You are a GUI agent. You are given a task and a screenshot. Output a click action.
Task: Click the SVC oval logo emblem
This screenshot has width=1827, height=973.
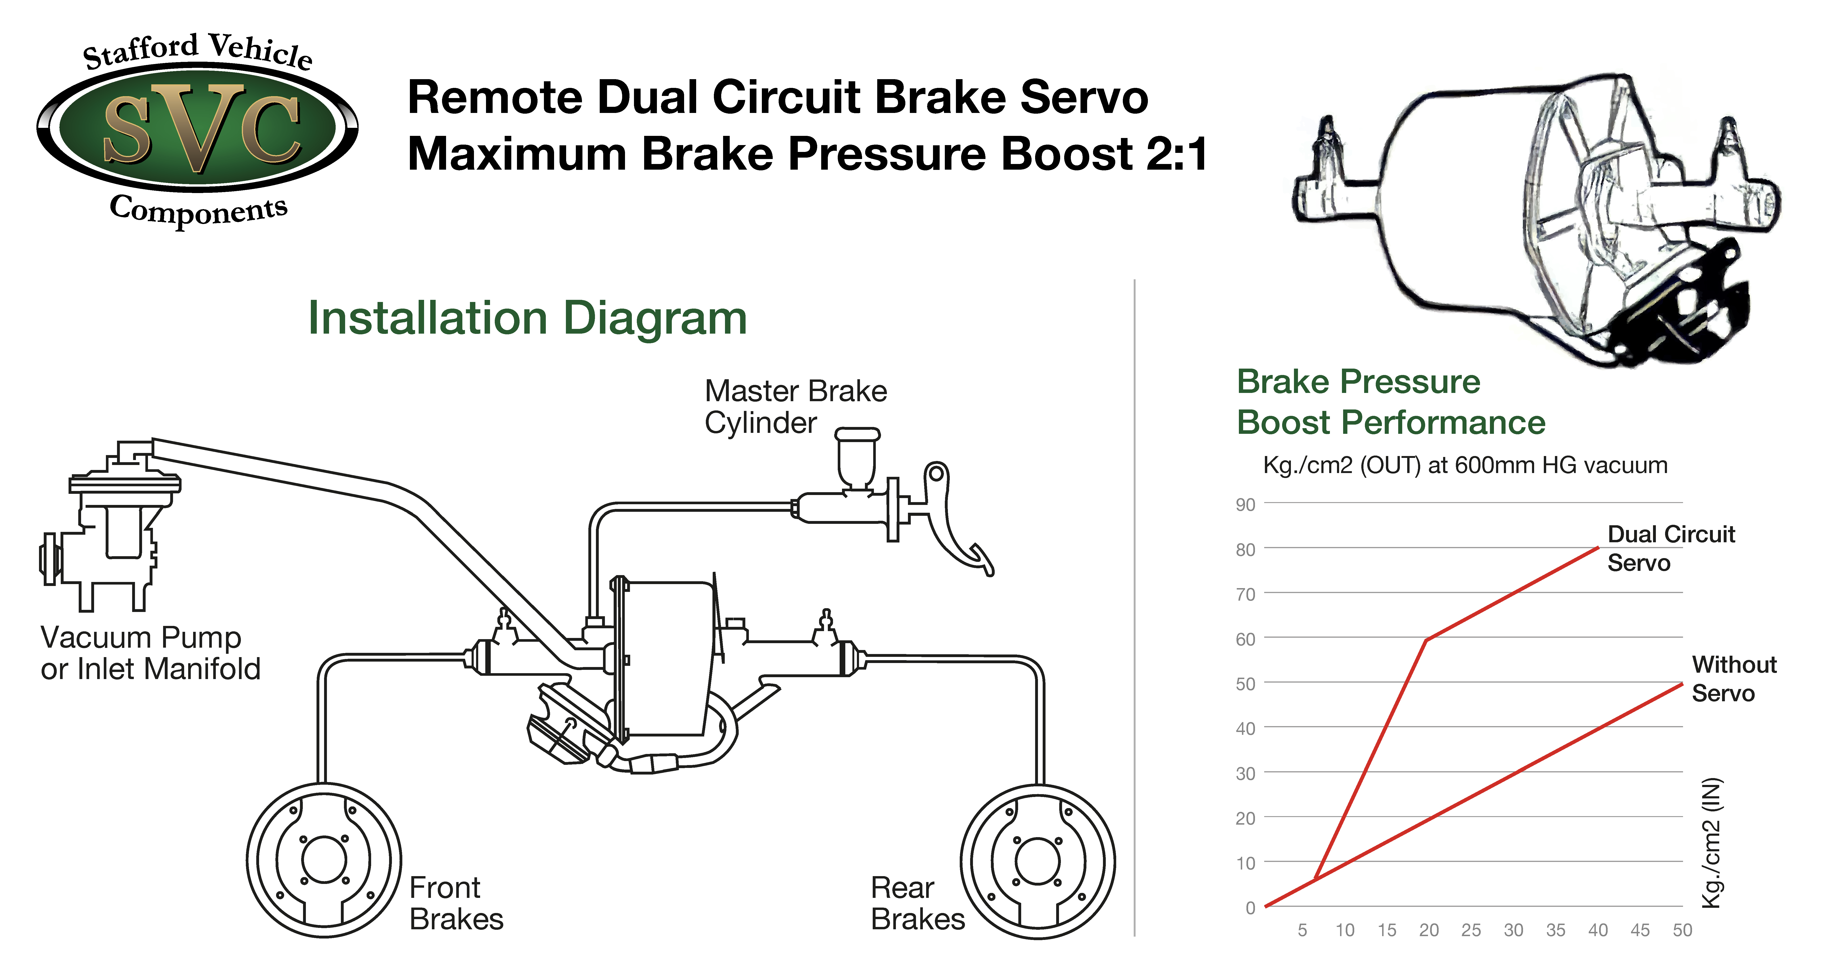point(198,128)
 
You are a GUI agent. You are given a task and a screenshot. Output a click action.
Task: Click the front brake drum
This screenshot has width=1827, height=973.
point(324,860)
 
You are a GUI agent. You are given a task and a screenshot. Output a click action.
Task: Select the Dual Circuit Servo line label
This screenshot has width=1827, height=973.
point(1670,548)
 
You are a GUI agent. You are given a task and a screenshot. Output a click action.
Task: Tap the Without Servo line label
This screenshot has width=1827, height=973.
point(1733,679)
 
